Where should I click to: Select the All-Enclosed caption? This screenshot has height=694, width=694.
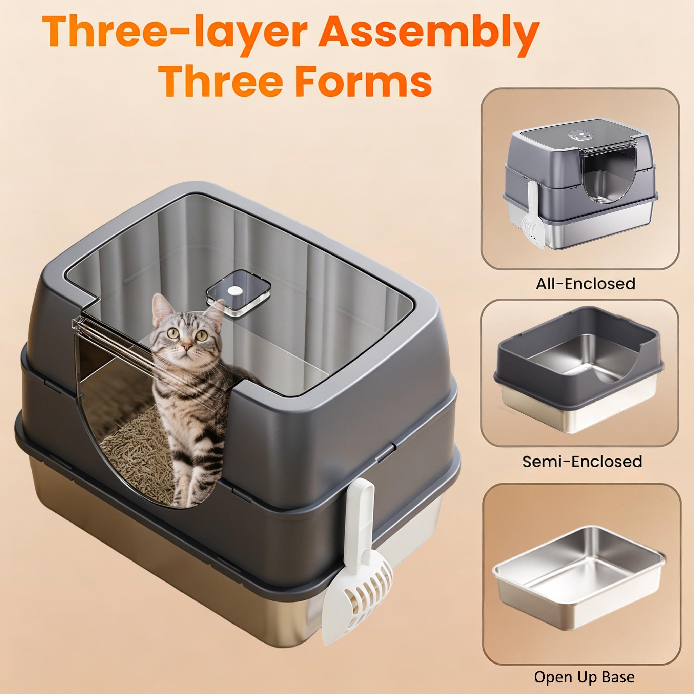pyautogui.click(x=586, y=284)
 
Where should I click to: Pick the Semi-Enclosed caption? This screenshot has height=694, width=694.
pyautogui.click(x=582, y=461)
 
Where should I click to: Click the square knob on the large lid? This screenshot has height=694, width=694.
pyautogui.click(x=239, y=291)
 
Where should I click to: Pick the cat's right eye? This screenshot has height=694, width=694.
pyautogui.click(x=174, y=334)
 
